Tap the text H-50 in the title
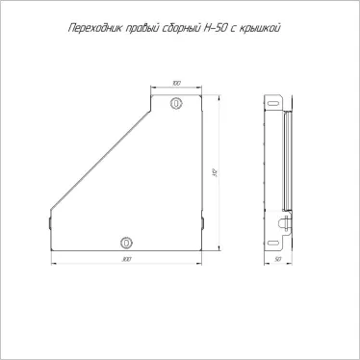tap(223, 29)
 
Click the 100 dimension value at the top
tap(176, 85)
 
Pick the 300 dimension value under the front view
tap(127, 260)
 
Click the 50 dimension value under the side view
tap(277, 260)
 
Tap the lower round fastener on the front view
tap(126, 241)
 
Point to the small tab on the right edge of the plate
tap(203, 224)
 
